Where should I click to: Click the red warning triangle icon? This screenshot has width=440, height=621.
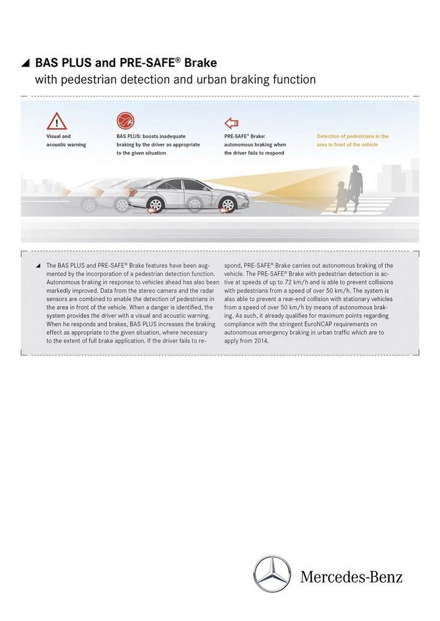tap(57, 121)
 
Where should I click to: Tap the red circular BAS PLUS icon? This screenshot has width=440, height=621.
tap(125, 120)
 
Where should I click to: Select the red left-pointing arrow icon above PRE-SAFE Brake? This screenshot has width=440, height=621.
tap(232, 122)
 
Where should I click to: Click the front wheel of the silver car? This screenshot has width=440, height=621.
tap(228, 204)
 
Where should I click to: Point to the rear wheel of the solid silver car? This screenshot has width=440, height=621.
tap(155, 204)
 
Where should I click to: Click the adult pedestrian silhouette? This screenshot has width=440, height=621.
tap(355, 186)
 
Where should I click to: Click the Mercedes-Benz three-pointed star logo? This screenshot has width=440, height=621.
tap(272, 574)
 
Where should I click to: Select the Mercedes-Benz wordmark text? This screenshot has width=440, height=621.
tap(351, 577)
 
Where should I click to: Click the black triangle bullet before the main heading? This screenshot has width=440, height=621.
tap(25, 63)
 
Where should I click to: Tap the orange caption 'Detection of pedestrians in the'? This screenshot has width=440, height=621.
tap(352, 136)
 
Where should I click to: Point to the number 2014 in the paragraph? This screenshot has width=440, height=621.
tap(259, 341)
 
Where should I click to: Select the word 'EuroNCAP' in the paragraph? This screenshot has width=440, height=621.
tap(313, 324)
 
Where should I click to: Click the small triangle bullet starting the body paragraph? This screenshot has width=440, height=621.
tap(38, 266)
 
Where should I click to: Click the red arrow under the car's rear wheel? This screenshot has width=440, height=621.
tap(151, 211)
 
